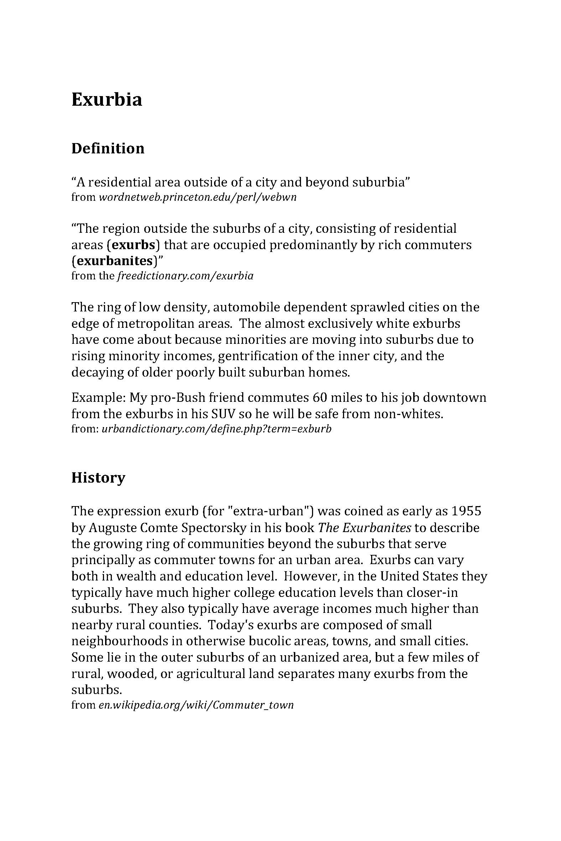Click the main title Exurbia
[107, 99]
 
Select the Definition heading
[108, 148]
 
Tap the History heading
[98, 478]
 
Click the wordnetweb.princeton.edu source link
[197, 197]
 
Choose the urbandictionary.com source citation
[217, 429]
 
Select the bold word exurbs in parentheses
[134, 245]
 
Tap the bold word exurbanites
[115, 261]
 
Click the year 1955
[466, 511]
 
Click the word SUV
[223, 414]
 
